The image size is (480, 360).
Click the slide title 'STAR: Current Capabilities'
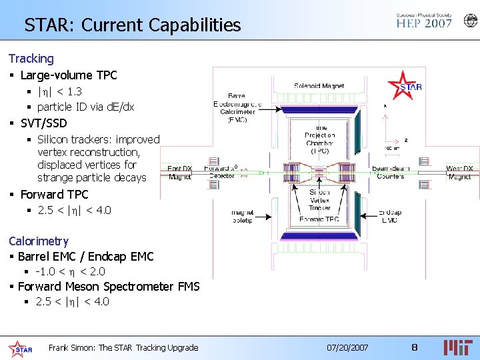[132, 25]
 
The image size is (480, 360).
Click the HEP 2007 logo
[423, 21]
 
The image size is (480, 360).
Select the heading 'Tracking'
[31, 59]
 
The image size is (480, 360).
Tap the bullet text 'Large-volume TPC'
[69, 75]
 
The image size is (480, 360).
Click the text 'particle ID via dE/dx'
[85, 107]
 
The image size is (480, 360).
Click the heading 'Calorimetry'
[38, 241]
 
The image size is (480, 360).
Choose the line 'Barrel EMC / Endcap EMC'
[85, 256]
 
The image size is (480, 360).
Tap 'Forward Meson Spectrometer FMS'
[108, 286]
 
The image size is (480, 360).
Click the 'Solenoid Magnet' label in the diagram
[319, 86]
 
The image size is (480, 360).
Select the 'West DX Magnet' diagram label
[459, 172]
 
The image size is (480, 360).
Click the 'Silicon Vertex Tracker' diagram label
[319, 200]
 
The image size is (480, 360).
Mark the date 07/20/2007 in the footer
[347, 347]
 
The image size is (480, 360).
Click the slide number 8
[414, 347]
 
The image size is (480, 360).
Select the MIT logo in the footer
[459, 347]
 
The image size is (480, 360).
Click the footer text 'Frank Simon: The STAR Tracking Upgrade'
[123, 347]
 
